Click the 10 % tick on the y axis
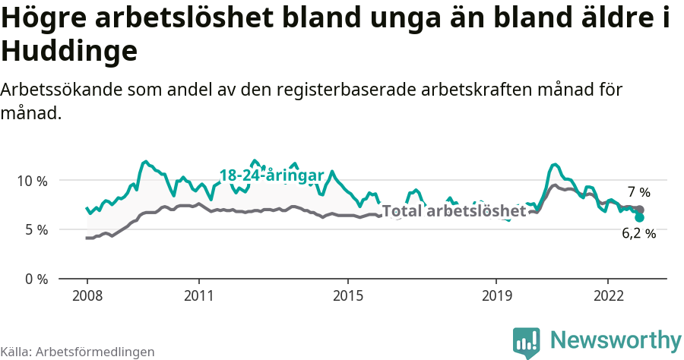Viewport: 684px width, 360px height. pyautogui.click(x=31, y=181)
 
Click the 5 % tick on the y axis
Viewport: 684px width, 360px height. pyautogui.click(x=34, y=229)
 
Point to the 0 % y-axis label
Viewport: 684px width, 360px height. pyautogui.click(x=34, y=279)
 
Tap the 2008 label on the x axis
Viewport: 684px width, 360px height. pyautogui.click(x=87, y=295)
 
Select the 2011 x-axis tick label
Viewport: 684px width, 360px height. pyautogui.click(x=198, y=295)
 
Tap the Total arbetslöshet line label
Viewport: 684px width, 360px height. pyautogui.click(x=454, y=211)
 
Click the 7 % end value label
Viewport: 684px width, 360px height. pyautogui.click(x=639, y=192)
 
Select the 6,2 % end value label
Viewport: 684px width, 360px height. pyautogui.click(x=638, y=234)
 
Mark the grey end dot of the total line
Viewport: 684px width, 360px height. pyautogui.click(x=640, y=210)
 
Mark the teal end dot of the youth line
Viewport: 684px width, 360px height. pyautogui.click(x=640, y=217)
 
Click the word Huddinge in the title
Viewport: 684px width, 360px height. pyautogui.click(x=69, y=52)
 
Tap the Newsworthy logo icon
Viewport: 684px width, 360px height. pyautogui.click(x=527, y=343)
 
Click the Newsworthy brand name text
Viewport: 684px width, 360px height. pyautogui.click(x=616, y=339)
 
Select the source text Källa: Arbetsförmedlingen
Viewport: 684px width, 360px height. pyautogui.click(x=78, y=352)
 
